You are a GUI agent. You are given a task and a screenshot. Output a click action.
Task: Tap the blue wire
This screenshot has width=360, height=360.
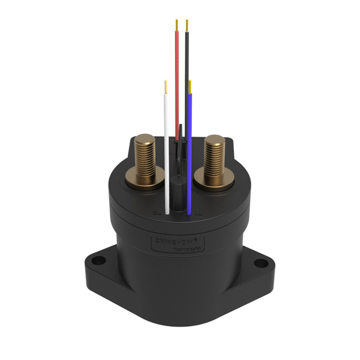[x=190, y=152]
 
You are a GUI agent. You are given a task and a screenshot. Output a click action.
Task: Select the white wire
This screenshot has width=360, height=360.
[x=166, y=152]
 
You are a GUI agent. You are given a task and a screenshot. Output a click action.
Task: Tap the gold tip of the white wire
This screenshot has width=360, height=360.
[x=166, y=87]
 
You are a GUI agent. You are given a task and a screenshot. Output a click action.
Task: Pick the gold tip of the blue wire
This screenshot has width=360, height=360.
[x=190, y=86]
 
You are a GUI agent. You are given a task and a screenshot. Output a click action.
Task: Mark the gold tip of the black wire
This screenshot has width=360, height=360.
[x=186, y=25]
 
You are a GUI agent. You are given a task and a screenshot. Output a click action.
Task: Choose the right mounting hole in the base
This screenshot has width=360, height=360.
[x=261, y=262]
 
